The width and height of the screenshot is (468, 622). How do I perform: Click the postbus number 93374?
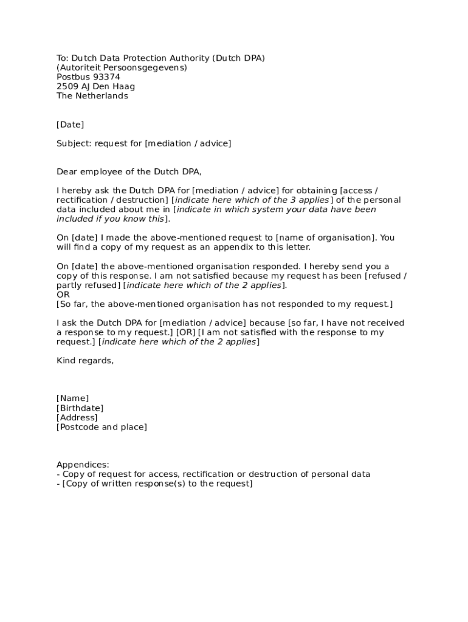pyautogui.click(x=106, y=77)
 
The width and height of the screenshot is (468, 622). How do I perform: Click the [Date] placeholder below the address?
pyautogui.click(x=70, y=125)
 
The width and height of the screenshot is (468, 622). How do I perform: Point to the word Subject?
pyautogui.click(x=74, y=143)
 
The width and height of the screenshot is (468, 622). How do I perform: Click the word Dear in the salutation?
pyautogui.click(x=67, y=172)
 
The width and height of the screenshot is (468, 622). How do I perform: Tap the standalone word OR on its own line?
pyautogui.click(x=63, y=295)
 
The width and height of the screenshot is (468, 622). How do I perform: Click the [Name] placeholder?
pyautogui.click(x=72, y=398)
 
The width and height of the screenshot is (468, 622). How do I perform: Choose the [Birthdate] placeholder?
pyautogui.click(x=80, y=408)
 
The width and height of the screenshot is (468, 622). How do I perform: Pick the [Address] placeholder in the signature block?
pyautogui.click(x=77, y=417)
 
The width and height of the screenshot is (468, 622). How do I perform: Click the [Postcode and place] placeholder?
pyautogui.click(x=102, y=427)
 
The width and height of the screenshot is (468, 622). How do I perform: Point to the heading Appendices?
pyautogui.click(x=83, y=465)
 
